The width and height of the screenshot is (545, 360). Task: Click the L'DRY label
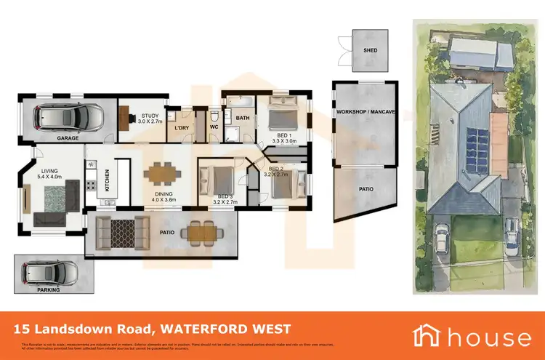[182, 128]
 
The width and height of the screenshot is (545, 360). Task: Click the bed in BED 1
[281, 115]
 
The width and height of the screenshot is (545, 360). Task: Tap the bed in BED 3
[217, 177]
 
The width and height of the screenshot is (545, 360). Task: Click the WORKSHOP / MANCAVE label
[365, 113]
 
